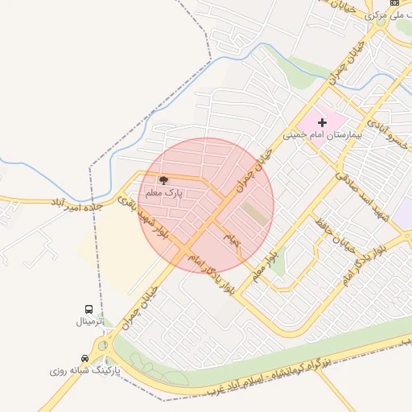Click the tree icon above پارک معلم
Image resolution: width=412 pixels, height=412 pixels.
tap(163, 181)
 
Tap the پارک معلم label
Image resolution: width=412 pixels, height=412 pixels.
tap(164, 194)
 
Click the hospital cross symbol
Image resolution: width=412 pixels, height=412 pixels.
tap(323, 123)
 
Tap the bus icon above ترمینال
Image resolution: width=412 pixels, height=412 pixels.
tap(89, 309)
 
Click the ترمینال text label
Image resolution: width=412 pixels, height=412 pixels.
tap(91, 322)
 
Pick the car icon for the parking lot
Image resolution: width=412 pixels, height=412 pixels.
tap(85, 358)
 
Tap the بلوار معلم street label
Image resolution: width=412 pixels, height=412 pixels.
tap(272, 264)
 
